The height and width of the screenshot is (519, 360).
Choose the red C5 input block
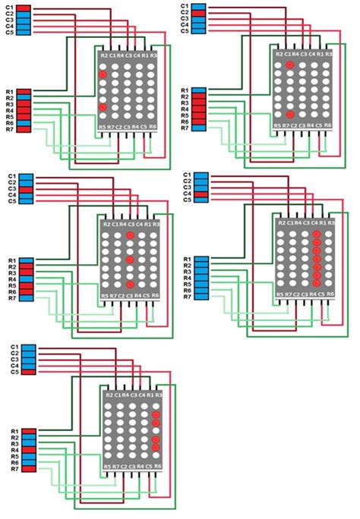pos(25,372)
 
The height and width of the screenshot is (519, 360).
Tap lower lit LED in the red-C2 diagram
pos(290,113)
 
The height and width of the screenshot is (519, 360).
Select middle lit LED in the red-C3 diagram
pos(130,260)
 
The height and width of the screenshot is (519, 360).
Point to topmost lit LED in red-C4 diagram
pos(315,235)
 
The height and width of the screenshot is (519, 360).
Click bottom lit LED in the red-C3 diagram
pos(130,284)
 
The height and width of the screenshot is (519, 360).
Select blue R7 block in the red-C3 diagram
pos(25,299)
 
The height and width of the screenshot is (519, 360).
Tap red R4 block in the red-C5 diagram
pos(25,450)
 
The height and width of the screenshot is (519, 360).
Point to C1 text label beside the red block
pos(10,7)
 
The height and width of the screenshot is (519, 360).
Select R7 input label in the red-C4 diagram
pos(186,299)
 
